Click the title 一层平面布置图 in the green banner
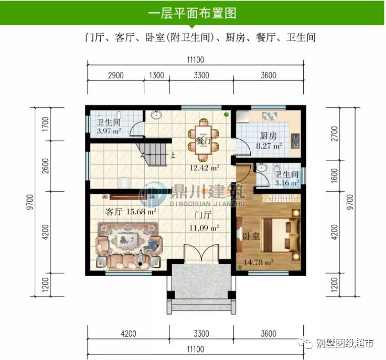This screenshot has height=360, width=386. coord(192,13)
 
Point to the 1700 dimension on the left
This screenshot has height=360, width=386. coord(45,123)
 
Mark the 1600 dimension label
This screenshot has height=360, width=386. coord(336,175)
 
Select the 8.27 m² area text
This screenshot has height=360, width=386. coord(270,147)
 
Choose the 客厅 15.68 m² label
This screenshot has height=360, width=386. coord(131,212)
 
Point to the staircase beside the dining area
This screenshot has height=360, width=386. coord(153,153)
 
